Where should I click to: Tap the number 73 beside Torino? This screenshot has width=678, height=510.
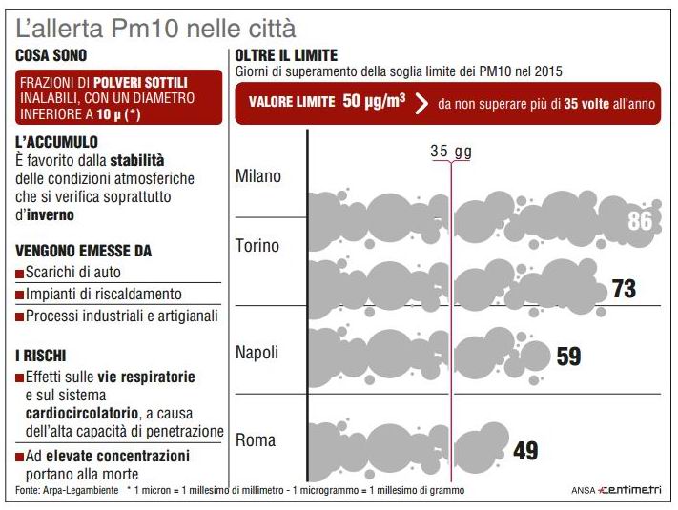pos(624,289)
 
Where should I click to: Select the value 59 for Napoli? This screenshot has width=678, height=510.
pos(568,357)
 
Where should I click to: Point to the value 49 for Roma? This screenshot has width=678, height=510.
pos(525,450)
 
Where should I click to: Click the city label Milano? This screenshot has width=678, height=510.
pos(258,176)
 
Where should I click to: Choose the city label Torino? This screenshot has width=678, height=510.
pos(257,246)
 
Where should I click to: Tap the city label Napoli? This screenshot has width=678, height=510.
pos(257,353)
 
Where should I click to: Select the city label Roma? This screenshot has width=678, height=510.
pos(256,440)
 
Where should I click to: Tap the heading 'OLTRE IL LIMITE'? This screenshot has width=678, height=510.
pos(286,56)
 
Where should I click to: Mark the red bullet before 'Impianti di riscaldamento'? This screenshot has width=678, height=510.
pos(20,295)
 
